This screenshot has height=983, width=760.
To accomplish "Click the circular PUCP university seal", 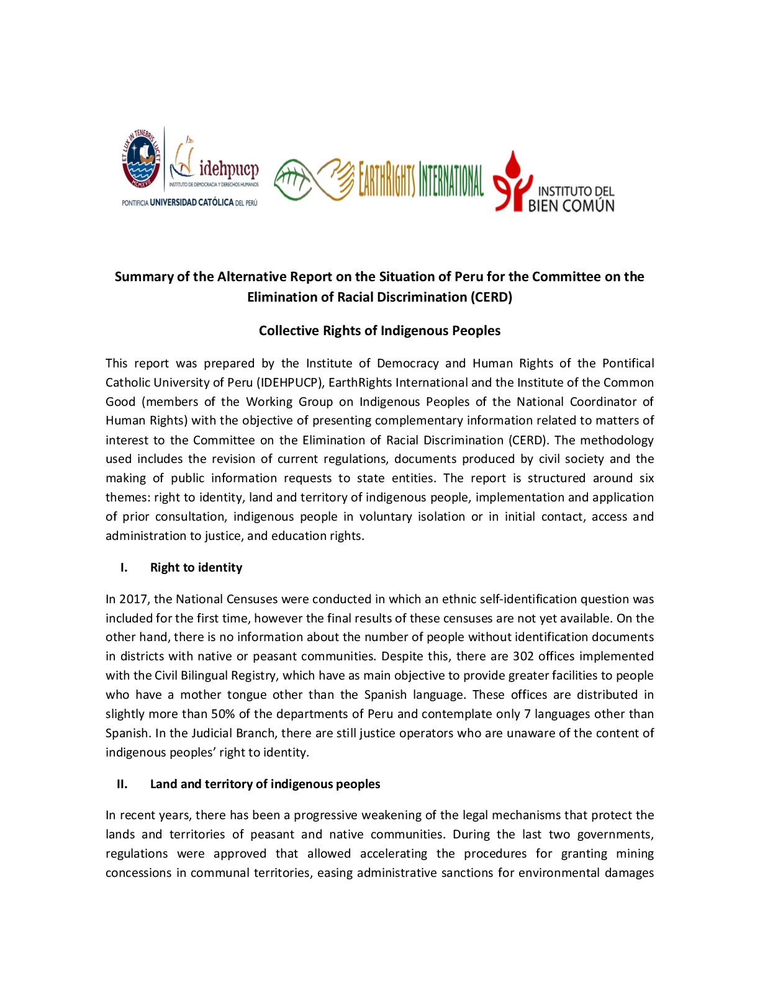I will coord(141,159).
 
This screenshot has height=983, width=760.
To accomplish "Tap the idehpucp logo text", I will coord(228,168).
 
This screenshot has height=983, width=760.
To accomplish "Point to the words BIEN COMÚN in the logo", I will coord(571,205).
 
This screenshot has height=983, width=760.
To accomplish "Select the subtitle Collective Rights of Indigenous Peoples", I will coord(379,331).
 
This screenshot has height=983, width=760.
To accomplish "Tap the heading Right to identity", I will coord(196,567).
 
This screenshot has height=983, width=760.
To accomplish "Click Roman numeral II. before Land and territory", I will coord(122,784).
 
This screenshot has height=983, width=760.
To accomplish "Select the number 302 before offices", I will coord(523,656).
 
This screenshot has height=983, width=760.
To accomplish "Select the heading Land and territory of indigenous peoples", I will coord(265,784).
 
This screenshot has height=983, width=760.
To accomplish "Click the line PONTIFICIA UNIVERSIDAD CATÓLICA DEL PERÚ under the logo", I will coord(189,202).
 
